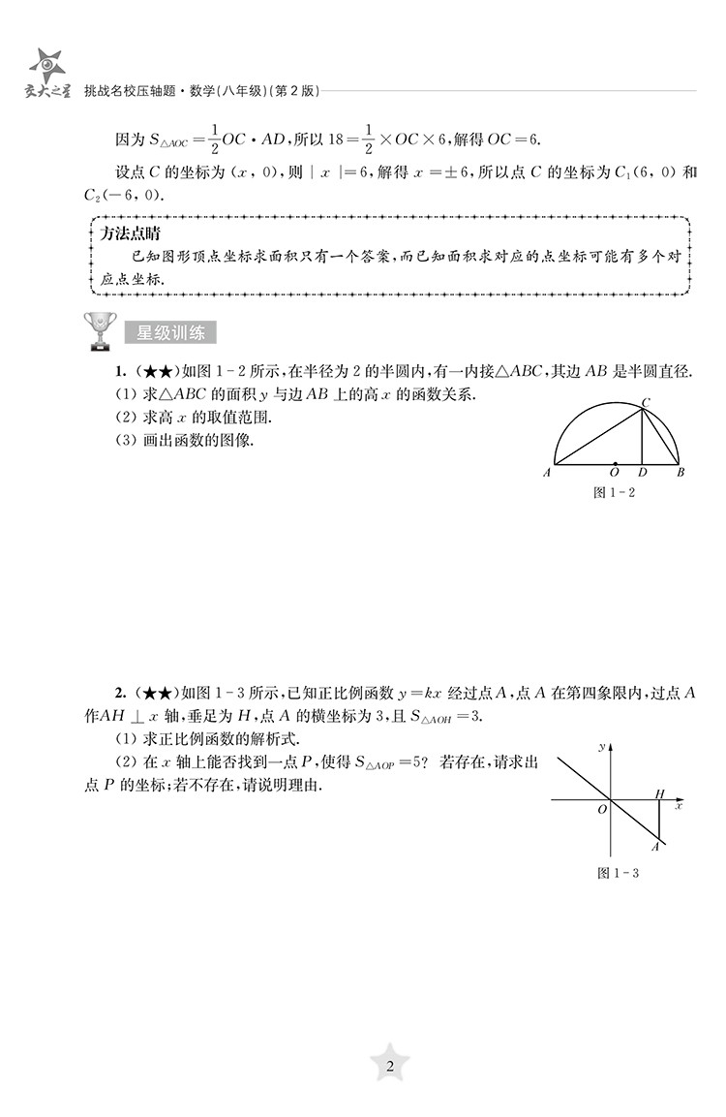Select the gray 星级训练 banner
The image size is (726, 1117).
(170, 333)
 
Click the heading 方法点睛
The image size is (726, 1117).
(131, 233)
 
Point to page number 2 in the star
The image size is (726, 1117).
(390, 1068)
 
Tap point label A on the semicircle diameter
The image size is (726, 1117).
(548, 473)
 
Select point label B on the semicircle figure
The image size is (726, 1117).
(681, 473)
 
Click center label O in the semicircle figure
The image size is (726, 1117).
(615, 474)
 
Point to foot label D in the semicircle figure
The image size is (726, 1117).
(643, 474)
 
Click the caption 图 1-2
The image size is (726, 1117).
(613, 492)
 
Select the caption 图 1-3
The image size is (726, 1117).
(619, 873)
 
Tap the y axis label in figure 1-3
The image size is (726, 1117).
(601, 747)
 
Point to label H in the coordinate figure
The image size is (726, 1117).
(660, 793)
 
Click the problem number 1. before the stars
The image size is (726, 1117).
(121, 373)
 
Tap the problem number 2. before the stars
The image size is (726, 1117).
(121, 692)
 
